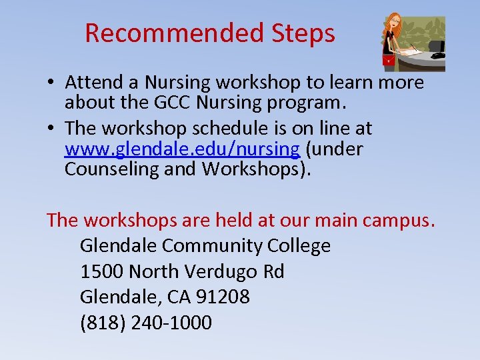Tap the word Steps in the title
(303, 33)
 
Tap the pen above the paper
(414, 47)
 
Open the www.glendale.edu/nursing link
(182, 148)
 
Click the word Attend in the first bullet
(100, 83)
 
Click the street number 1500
(101, 271)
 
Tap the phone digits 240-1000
(171, 323)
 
